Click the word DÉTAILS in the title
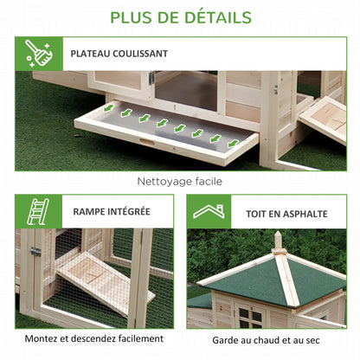(x=218, y=17)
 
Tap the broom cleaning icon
(x=39, y=54)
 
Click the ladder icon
(x=38, y=211)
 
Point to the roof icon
(x=209, y=211)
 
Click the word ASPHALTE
(x=305, y=214)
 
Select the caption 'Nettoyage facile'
(x=180, y=182)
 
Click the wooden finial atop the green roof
(x=278, y=241)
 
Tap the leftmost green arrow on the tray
(x=108, y=108)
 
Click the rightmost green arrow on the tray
(x=233, y=144)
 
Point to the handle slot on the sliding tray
(x=145, y=142)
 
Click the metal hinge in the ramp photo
(x=35, y=251)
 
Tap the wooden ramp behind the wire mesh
(x=106, y=282)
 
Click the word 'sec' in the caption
(x=313, y=341)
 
